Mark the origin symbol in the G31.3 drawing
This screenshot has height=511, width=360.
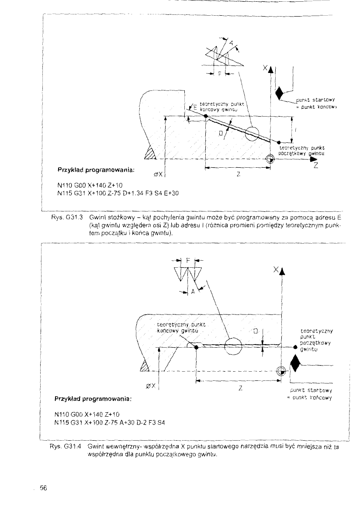point(270,159)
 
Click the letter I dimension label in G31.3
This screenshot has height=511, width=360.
point(297,130)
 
